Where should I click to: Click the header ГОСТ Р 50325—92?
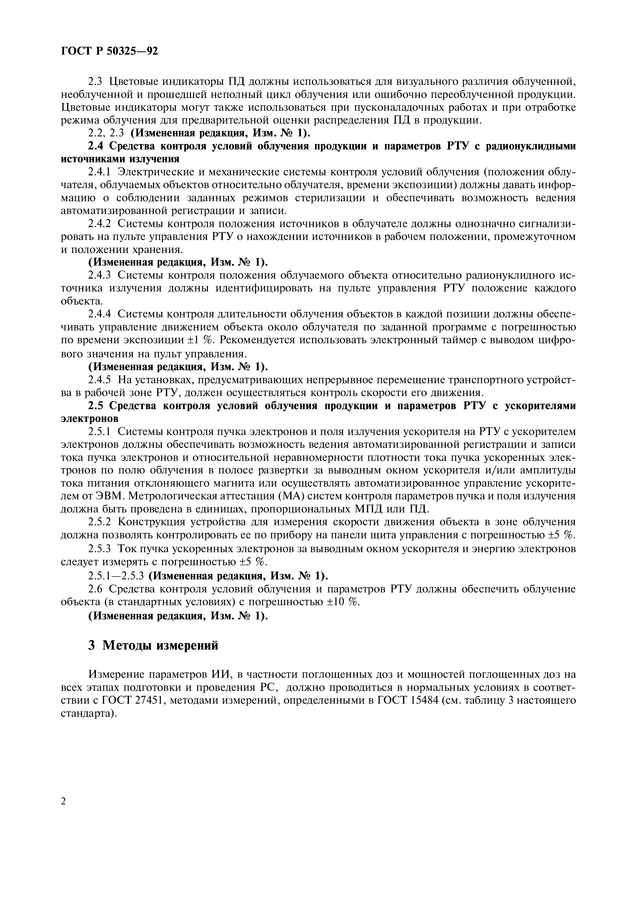coord(110,51)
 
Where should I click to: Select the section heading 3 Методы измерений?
coord(153,645)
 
